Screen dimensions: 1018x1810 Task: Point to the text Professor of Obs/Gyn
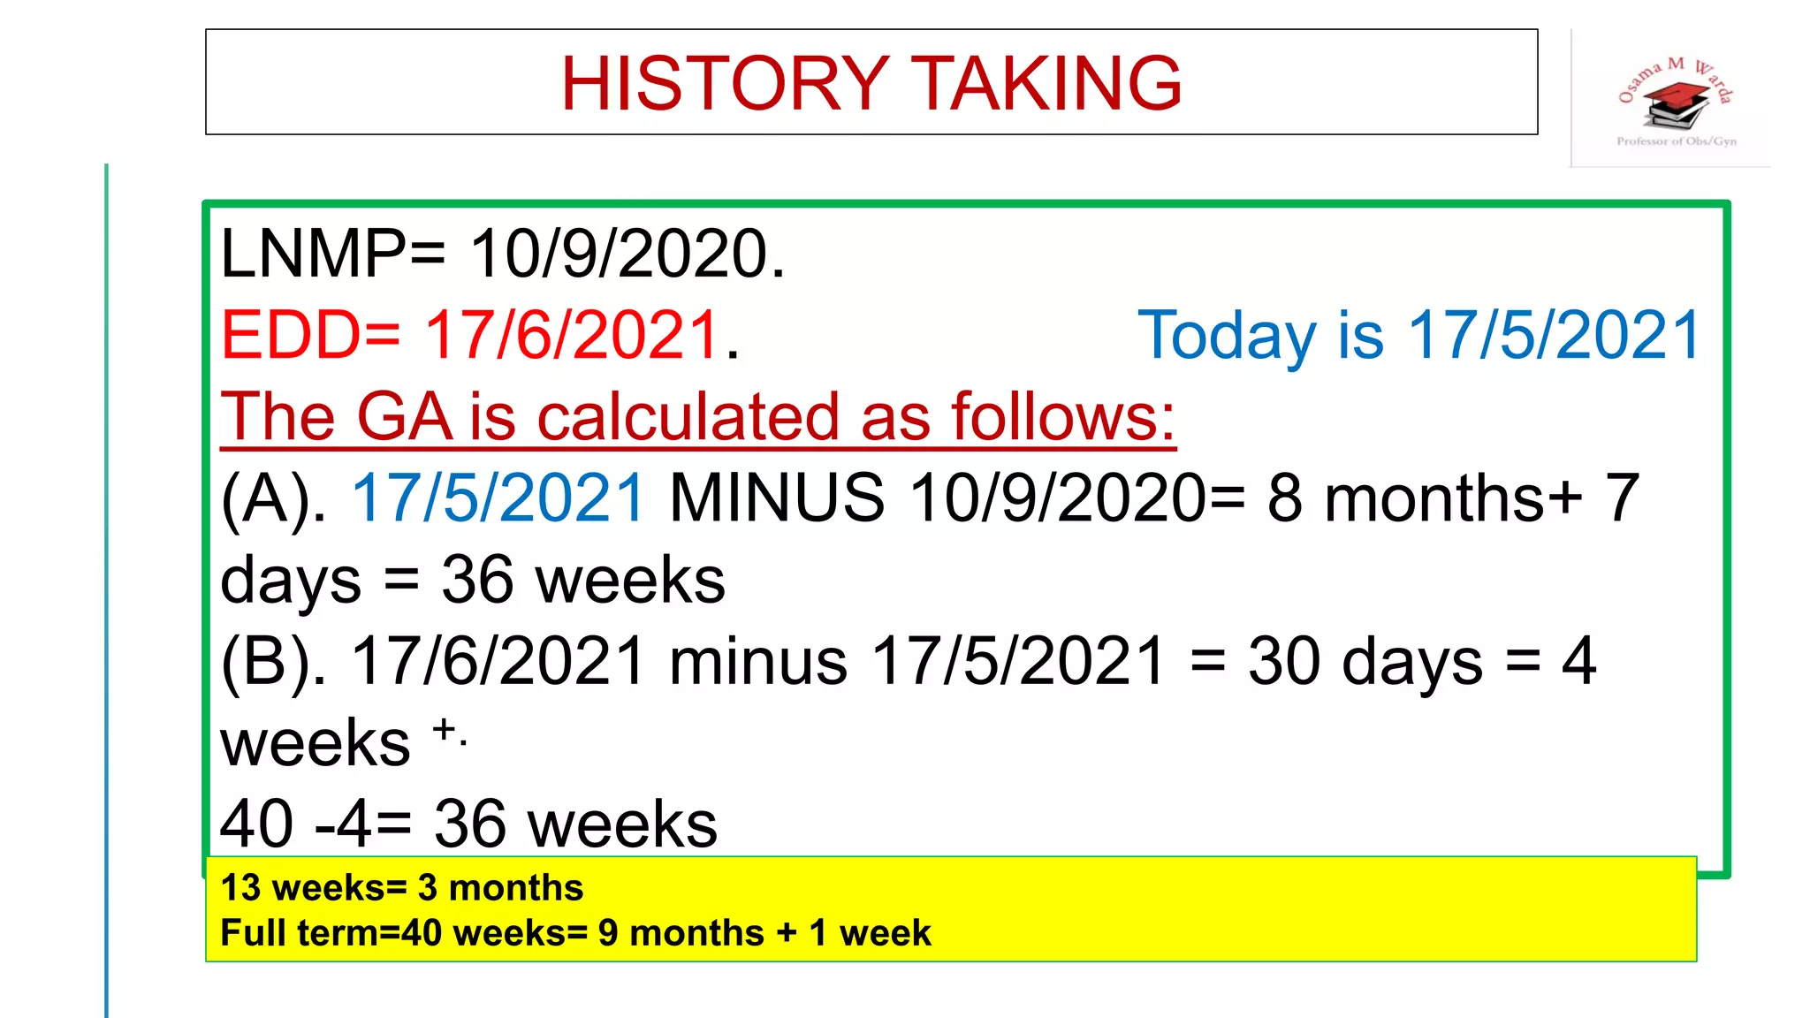click(x=1676, y=141)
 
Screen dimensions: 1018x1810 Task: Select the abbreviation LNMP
click(x=314, y=254)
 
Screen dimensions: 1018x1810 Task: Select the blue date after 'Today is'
click(x=1554, y=336)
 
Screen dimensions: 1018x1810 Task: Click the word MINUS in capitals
click(x=777, y=498)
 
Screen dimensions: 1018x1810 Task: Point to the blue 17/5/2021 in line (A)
click(x=498, y=498)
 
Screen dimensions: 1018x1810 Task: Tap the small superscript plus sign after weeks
click(x=445, y=729)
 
